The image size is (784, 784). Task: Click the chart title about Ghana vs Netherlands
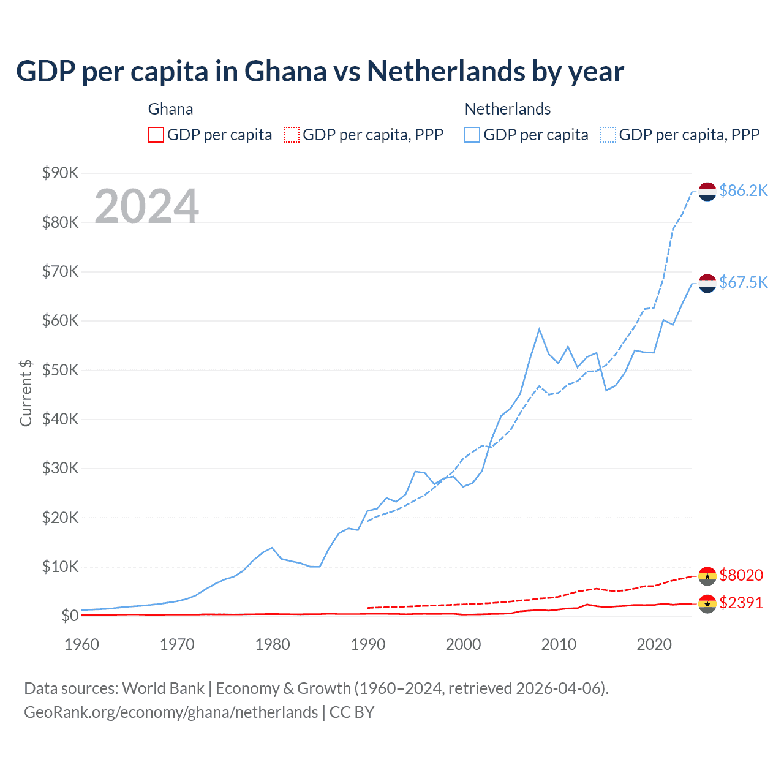pos(320,72)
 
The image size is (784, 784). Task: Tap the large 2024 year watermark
pos(146,206)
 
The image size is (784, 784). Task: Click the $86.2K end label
pos(743,191)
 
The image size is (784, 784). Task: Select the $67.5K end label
pos(743,282)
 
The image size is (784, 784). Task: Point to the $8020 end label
pos(741,575)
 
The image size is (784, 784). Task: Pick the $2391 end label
pos(741,603)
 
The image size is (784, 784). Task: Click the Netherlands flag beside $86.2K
pos(707,192)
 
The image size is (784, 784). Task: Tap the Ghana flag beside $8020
pos(707,576)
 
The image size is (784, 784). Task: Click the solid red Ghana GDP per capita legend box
pos(156,135)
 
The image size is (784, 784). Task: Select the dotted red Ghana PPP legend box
pos(292,135)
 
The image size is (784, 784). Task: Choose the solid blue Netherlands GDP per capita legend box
pos(472,135)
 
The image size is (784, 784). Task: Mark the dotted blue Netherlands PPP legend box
pos(608,135)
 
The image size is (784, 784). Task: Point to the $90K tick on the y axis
pos(61,173)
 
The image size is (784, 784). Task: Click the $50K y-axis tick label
pos(61,370)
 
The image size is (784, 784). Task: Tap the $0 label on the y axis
pos(69,616)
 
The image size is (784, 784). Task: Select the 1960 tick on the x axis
pos(81,644)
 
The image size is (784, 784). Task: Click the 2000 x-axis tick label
pos(463,644)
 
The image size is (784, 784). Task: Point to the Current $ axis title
pos(26,393)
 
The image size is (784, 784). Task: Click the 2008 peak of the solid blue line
pos(539,329)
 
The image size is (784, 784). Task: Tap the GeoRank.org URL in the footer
pos(171,712)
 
